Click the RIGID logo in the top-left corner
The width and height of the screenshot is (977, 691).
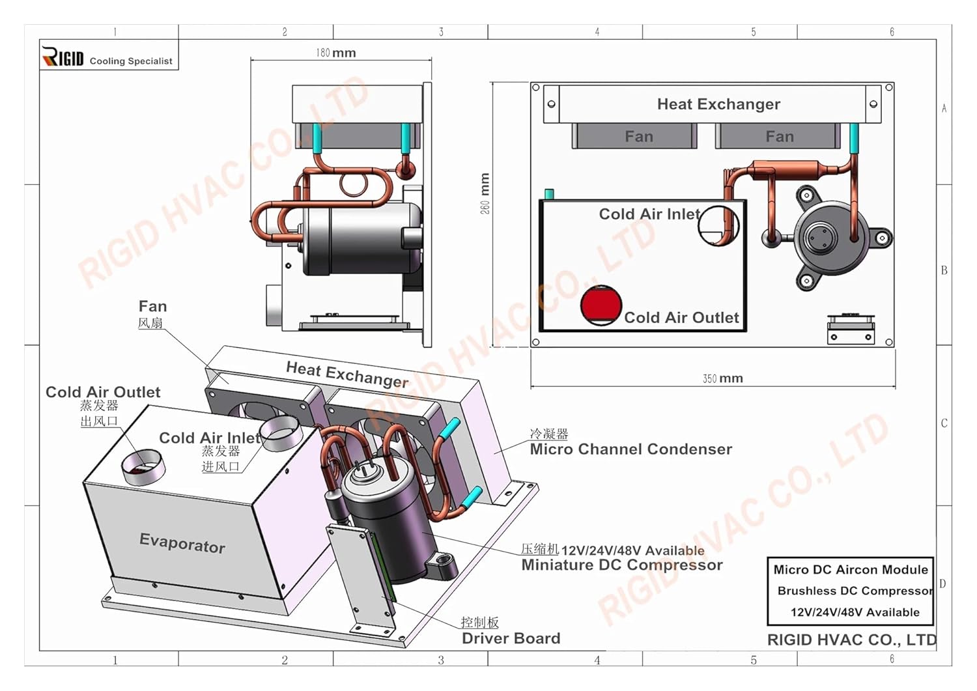pyautogui.click(x=63, y=57)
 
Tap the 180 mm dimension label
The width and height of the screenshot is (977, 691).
pyautogui.click(x=336, y=53)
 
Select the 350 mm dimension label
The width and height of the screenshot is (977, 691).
pyautogui.click(x=723, y=378)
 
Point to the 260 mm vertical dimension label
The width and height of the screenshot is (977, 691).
pyautogui.click(x=485, y=193)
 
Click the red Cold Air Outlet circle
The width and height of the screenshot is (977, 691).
pyautogui.click(x=601, y=305)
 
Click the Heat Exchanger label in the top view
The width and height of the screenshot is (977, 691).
pyautogui.click(x=718, y=104)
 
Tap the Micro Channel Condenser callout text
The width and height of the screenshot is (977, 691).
pyautogui.click(x=630, y=449)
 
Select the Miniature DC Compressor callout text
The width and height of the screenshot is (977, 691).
pyautogui.click(x=622, y=565)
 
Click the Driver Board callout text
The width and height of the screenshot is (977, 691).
pyautogui.click(x=511, y=638)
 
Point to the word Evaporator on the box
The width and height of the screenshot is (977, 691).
pyautogui.click(x=182, y=543)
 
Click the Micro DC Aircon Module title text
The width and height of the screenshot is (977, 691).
pyautogui.click(x=851, y=570)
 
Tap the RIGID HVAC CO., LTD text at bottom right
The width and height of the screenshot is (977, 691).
pyautogui.click(x=851, y=640)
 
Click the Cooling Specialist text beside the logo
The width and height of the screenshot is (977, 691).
pyautogui.click(x=131, y=61)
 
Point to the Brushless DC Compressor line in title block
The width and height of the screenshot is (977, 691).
pyautogui.click(x=855, y=591)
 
